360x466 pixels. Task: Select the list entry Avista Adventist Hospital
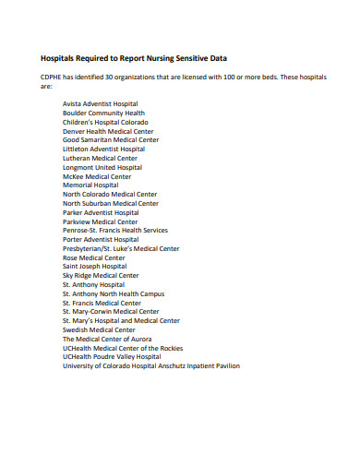click(100, 104)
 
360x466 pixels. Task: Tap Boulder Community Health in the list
click(103, 113)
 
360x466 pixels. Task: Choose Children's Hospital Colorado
click(104, 122)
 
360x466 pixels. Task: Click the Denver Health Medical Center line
click(108, 131)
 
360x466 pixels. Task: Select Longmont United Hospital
click(102, 167)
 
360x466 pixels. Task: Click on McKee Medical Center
click(97, 176)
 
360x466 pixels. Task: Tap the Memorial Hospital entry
click(91, 185)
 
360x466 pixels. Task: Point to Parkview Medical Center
click(100, 221)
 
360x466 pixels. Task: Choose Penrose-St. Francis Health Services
click(115, 231)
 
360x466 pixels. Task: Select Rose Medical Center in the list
click(94, 257)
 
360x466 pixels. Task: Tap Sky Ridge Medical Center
click(101, 275)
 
